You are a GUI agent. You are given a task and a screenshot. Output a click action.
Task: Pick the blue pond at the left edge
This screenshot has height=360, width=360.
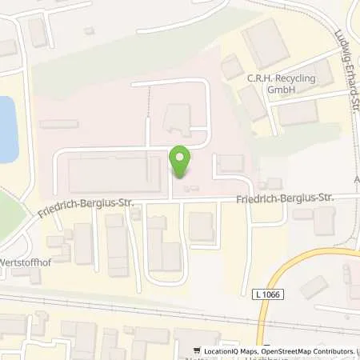pyautogui.click(x=6, y=128)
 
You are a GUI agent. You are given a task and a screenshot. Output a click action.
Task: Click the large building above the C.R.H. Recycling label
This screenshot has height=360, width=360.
pyautogui.click(x=266, y=45)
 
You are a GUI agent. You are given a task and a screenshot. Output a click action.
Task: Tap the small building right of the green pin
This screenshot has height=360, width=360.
pyautogui.click(x=230, y=163)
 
